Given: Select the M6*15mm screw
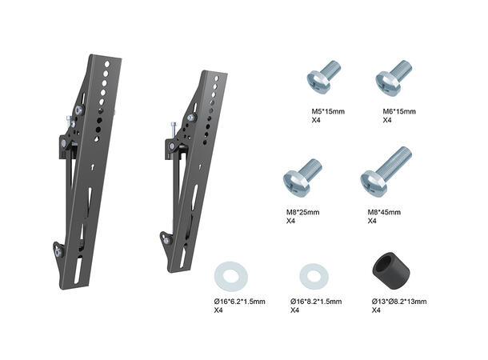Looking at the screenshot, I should click(x=393, y=77).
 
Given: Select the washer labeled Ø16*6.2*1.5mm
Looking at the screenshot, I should click(x=230, y=277).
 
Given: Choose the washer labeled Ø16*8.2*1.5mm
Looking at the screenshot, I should click(x=314, y=278).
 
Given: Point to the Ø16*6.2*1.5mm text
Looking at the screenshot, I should click(x=238, y=301).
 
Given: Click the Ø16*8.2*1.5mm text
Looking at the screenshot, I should click(x=315, y=301).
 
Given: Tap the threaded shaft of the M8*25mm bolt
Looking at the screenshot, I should click(x=311, y=170).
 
